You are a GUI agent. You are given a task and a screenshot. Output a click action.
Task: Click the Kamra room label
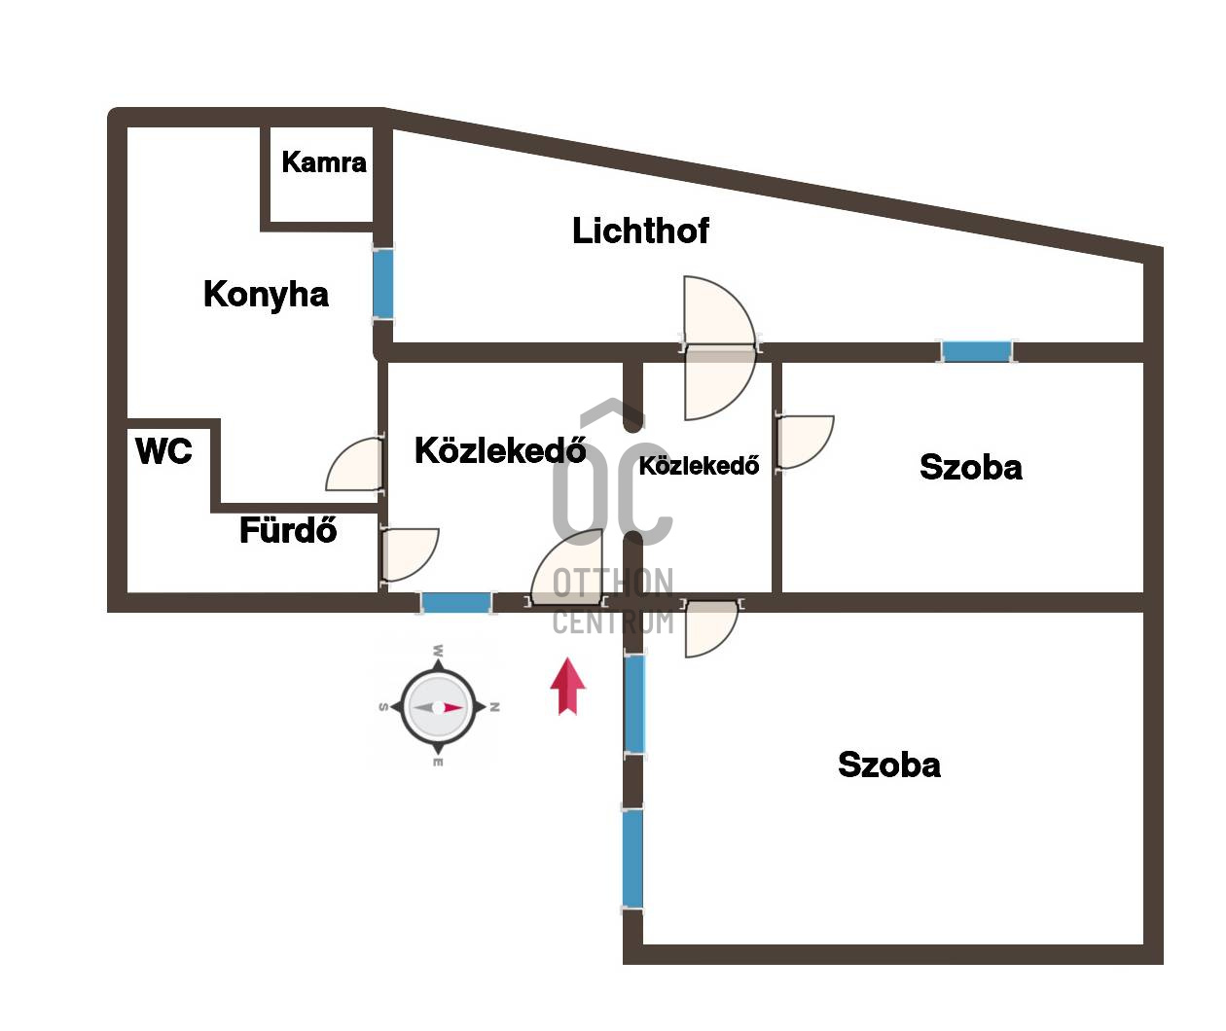(324, 161)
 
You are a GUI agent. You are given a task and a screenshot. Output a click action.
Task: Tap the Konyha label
(266, 294)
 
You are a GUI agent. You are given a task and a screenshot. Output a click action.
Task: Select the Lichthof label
(640, 231)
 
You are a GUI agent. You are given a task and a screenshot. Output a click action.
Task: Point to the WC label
(163, 451)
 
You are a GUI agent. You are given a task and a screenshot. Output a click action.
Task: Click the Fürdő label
(288, 530)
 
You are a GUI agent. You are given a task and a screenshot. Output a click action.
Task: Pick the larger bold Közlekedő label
(500, 450)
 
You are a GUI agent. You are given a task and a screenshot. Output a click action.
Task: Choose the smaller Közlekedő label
(699, 466)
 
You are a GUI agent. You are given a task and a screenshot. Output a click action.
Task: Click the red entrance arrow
(567, 686)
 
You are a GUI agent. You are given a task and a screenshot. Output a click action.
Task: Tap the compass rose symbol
(438, 707)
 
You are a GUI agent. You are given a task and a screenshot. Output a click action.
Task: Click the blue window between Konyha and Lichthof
(383, 283)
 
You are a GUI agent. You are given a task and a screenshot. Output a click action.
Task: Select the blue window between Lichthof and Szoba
(976, 351)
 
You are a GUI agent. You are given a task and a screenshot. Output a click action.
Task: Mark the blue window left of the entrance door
(455, 602)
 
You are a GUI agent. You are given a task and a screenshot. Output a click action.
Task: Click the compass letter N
(494, 707)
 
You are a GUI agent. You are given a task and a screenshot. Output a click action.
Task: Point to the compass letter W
(439, 650)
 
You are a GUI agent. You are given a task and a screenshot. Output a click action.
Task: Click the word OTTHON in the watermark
(613, 584)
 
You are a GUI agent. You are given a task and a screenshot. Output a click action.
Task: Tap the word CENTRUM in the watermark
(613, 621)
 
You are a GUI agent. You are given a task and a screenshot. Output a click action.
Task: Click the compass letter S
(382, 707)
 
